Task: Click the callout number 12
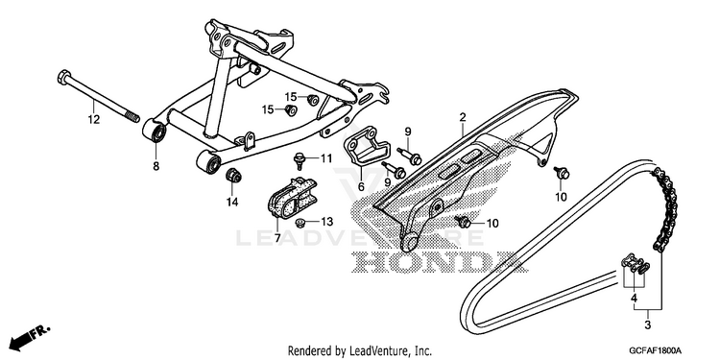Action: pyautogui.click(x=94, y=119)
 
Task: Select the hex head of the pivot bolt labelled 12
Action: pyautogui.click(x=63, y=76)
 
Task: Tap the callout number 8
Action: pyautogui.click(x=156, y=166)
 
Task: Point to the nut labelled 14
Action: pyautogui.click(x=233, y=176)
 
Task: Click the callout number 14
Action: pyautogui.click(x=232, y=202)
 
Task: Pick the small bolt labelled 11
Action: pyautogui.click(x=299, y=160)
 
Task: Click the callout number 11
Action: pyautogui.click(x=326, y=158)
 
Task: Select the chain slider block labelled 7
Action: pyautogui.click(x=292, y=198)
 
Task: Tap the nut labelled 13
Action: pyautogui.click(x=300, y=223)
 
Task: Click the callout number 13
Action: pyautogui.click(x=326, y=223)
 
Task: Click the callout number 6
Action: pyautogui.click(x=361, y=186)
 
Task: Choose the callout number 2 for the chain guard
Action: pyautogui.click(x=463, y=117)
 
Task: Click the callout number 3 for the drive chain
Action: pyautogui.click(x=647, y=326)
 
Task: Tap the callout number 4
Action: pyautogui.click(x=635, y=298)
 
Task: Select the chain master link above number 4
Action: pyautogui.click(x=636, y=265)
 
